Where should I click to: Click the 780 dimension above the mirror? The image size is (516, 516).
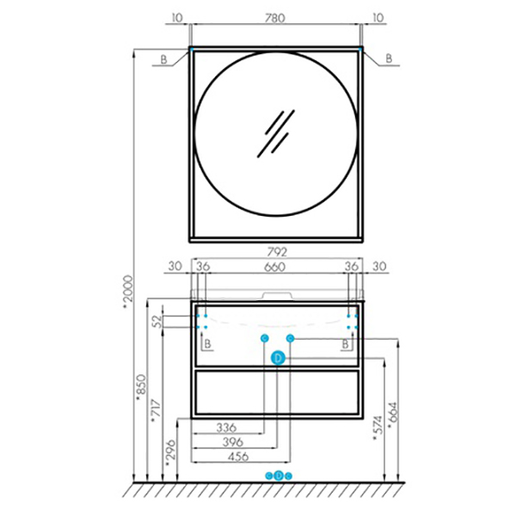pos(275,18)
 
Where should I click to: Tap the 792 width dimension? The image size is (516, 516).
pos(277,252)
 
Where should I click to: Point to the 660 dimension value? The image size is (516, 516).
pos(275,267)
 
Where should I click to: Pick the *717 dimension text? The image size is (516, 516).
pos(157,411)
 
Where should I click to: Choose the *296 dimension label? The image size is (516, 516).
pos(171,453)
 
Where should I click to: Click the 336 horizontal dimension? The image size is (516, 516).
pos(226,427)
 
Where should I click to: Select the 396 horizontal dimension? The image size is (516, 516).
pos(233,442)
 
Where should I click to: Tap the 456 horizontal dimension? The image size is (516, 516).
pos(238,457)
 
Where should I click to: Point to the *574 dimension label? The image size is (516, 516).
pos(378,427)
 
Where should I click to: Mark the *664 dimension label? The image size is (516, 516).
pos(393,415)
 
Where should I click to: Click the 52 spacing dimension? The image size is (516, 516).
pos(158,321)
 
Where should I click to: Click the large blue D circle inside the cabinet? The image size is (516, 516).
pos(279,358)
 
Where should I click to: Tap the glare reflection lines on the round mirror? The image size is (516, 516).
pos(276,133)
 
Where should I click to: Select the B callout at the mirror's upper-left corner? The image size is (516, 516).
pos(163,59)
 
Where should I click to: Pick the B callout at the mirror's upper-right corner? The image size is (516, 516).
pos(389,58)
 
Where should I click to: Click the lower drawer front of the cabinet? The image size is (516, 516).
pos(277,393)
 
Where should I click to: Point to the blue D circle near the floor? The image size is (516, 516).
pos(279,476)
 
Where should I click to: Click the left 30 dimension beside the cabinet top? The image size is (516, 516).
pos(175,267)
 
